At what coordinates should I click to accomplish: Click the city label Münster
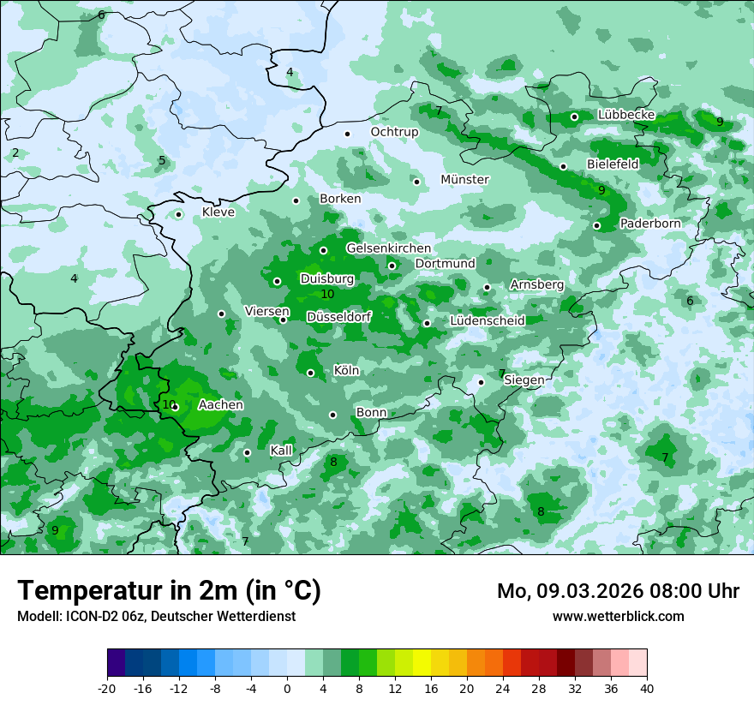click(x=464, y=180)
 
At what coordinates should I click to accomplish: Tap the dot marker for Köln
click(x=311, y=373)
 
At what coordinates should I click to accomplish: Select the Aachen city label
click(x=220, y=405)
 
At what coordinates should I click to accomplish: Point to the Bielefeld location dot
click(x=563, y=166)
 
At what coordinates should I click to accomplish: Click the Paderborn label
click(x=650, y=224)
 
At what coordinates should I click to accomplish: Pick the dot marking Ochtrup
click(x=347, y=134)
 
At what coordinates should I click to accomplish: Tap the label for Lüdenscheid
click(x=487, y=321)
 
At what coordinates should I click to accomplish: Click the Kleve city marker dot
click(x=178, y=214)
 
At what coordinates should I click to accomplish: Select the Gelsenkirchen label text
click(x=388, y=248)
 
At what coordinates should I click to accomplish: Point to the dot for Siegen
click(x=481, y=382)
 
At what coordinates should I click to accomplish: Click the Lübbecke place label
click(x=626, y=115)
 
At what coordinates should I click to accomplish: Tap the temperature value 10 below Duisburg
click(x=326, y=294)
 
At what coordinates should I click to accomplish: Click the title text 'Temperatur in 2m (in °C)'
click(x=170, y=590)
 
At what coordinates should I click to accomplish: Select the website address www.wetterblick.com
click(x=618, y=616)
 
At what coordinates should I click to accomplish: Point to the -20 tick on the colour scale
click(x=107, y=688)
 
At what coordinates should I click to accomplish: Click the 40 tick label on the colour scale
click(x=646, y=688)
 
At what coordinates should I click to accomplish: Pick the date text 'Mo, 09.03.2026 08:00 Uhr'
click(x=618, y=591)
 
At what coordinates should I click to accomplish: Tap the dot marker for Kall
click(x=247, y=452)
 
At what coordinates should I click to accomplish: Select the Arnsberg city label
click(x=536, y=284)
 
